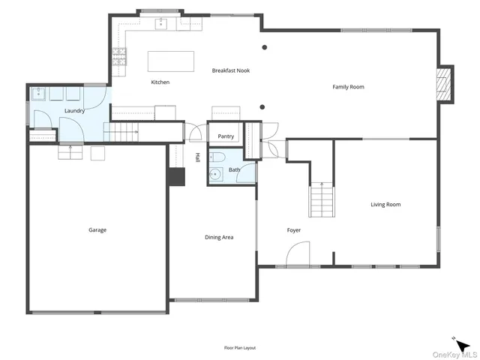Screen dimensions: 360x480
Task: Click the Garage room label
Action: [97, 230]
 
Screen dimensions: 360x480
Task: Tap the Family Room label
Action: [348, 87]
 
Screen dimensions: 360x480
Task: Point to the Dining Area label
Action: [219, 238]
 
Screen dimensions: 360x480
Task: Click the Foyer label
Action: [294, 230]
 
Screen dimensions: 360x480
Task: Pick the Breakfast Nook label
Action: [231, 70]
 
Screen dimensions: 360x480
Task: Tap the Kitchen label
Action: [160, 82]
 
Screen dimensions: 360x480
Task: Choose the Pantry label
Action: [226, 136]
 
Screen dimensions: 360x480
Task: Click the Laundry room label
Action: [74, 111]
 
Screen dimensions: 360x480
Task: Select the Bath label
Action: [234, 170]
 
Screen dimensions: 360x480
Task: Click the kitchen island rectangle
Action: [171, 60]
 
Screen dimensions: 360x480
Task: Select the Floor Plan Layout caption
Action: [240, 348]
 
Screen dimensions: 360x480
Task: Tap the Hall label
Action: [198, 157]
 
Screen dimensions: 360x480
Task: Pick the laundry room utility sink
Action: [40, 94]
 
